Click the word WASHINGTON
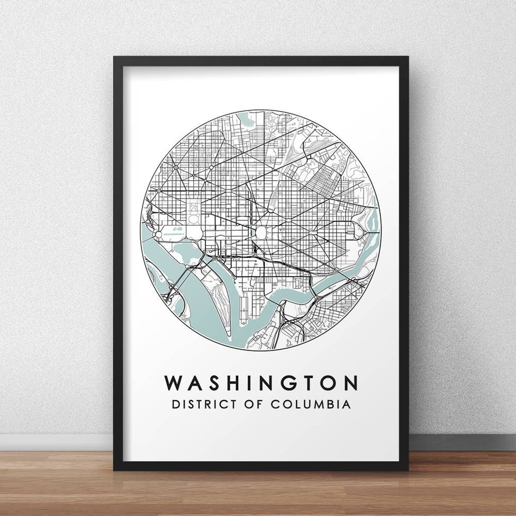click(x=261, y=383)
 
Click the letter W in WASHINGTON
click(x=174, y=383)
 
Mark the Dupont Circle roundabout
click(x=175, y=168)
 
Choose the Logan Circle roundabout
click(x=211, y=168)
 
